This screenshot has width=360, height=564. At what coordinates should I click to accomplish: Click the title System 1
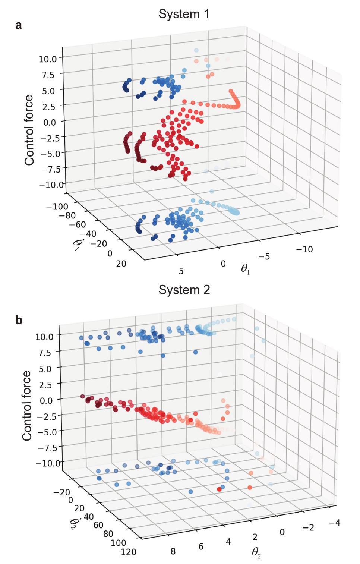[184, 14]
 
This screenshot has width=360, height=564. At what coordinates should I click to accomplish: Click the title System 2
[184, 290]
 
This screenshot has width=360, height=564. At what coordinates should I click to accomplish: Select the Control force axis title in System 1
[29, 130]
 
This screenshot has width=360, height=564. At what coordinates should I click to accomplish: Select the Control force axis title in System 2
[27, 406]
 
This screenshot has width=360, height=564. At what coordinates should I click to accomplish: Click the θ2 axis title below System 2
[256, 552]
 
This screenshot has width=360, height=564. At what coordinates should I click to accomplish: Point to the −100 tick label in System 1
[57, 207]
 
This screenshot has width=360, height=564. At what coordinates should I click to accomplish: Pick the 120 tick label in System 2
[129, 552]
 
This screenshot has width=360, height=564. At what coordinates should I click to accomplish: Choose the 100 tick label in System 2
[119, 542]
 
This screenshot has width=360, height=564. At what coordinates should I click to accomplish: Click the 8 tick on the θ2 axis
[173, 551]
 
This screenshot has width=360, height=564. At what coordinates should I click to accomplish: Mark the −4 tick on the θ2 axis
[334, 523]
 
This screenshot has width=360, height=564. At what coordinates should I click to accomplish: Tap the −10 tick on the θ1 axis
[304, 249]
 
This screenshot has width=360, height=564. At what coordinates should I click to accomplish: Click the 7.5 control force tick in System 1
[48, 75]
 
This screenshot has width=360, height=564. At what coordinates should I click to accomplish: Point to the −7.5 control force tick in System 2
[46, 447]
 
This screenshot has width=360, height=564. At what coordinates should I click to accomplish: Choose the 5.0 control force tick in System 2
[48, 367]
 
